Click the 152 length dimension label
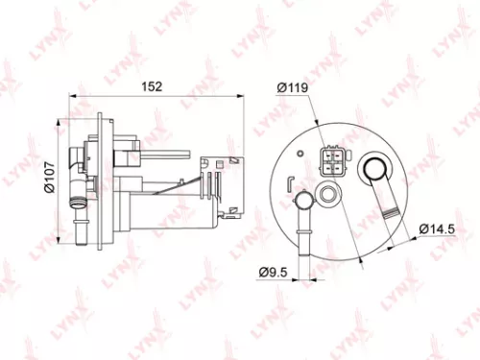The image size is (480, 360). (x=152, y=85)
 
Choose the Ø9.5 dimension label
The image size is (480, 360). (x=276, y=272)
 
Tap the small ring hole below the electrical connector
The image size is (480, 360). (x=330, y=195)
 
